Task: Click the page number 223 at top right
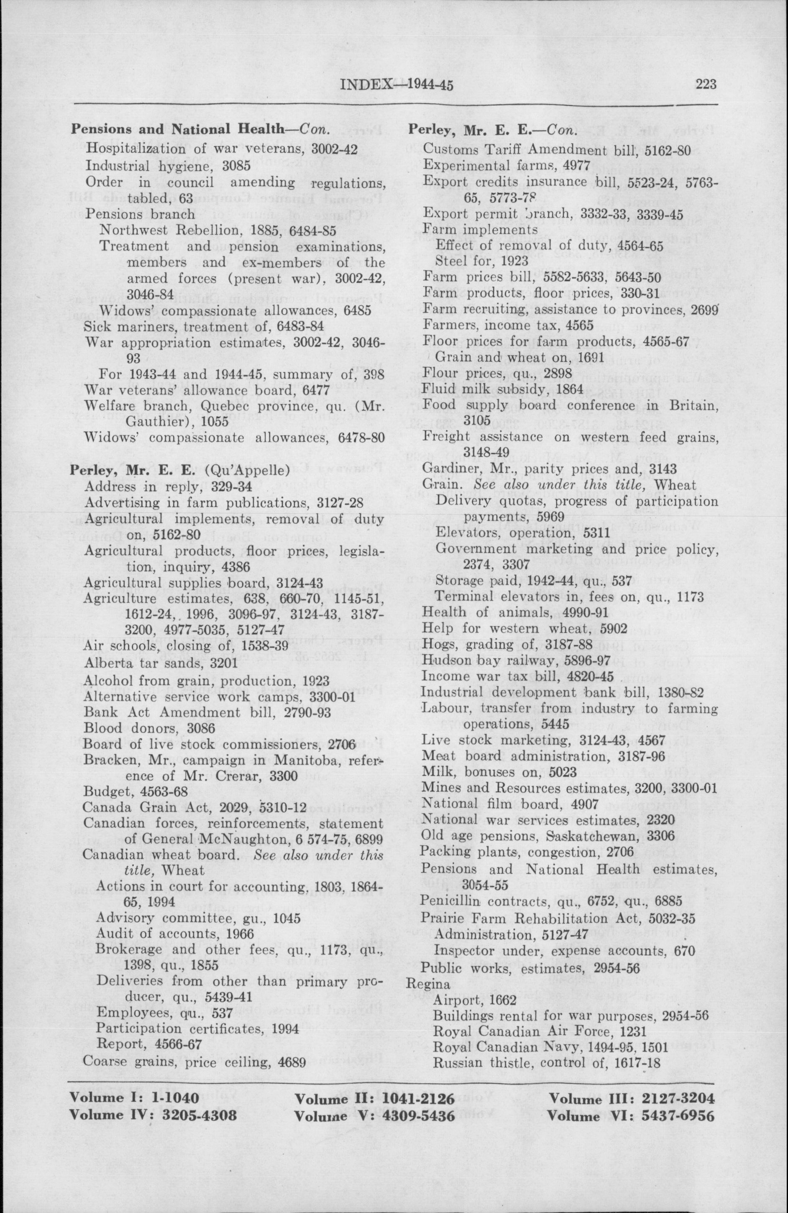coord(706,84)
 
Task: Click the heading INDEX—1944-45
coord(396,84)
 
